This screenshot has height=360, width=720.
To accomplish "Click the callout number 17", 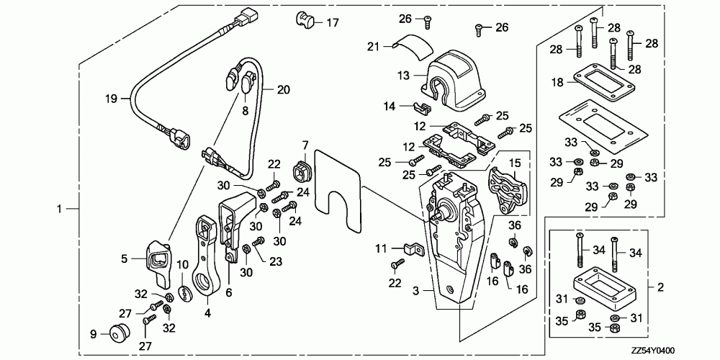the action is [x=332, y=22].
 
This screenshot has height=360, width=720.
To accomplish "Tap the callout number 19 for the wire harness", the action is [x=111, y=98].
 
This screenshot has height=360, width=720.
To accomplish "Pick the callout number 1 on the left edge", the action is [x=59, y=209].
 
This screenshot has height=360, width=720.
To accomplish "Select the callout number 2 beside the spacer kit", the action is [x=660, y=288].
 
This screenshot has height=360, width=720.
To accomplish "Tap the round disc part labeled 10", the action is [x=185, y=294].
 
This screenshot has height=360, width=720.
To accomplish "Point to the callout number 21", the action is [x=373, y=46].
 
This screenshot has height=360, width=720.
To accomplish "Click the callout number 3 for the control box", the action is [x=416, y=290].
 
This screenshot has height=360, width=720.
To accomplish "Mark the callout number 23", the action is [x=276, y=261].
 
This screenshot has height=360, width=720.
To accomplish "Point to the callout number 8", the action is [x=246, y=111].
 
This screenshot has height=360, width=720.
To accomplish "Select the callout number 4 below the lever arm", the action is [x=207, y=314].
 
